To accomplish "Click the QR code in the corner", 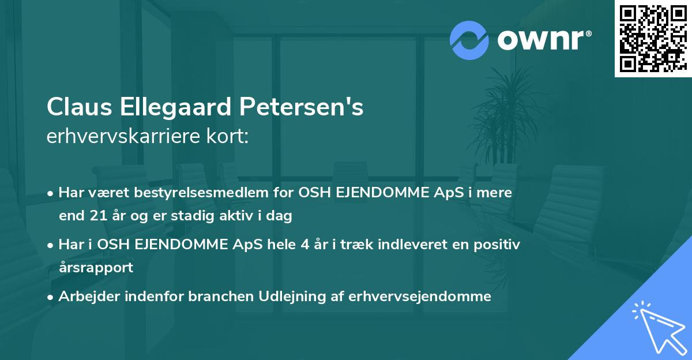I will [x=653, y=39].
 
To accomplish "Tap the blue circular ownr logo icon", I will [x=470, y=40].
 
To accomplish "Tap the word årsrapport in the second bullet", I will [x=96, y=268].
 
